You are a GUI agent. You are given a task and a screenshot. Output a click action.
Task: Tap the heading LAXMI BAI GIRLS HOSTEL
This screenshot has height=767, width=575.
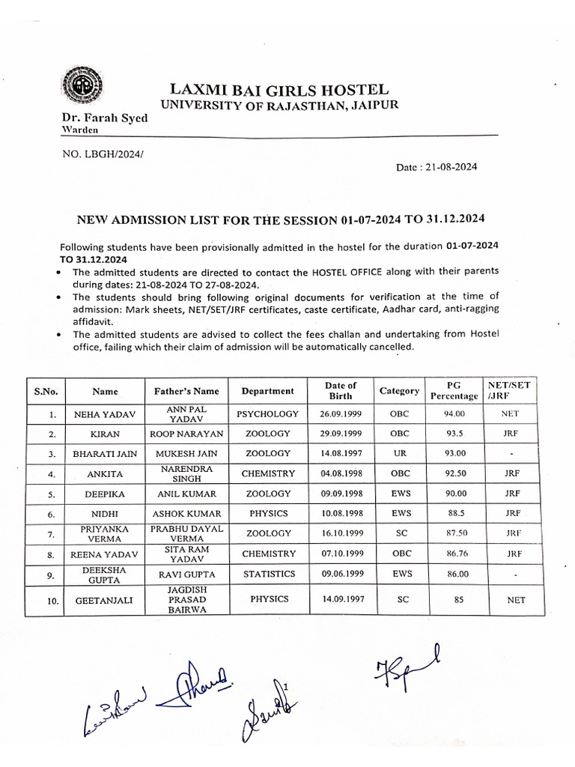pyautogui.click(x=279, y=90)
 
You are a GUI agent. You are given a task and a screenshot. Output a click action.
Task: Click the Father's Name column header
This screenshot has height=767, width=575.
pyautogui.click(x=186, y=391)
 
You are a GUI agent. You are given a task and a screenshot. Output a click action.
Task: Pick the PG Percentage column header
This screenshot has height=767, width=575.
pyautogui.click(x=451, y=390)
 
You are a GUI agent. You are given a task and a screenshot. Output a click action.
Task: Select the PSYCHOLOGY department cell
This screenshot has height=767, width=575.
pyautogui.click(x=267, y=413)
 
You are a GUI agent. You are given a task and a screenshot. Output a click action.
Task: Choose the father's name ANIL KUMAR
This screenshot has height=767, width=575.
pyautogui.click(x=186, y=494)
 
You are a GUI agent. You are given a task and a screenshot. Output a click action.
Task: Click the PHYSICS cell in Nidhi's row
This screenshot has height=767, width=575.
pyautogui.click(x=267, y=514)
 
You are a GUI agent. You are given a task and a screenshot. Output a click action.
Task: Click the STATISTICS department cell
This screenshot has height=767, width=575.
pyautogui.click(x=267, y=575)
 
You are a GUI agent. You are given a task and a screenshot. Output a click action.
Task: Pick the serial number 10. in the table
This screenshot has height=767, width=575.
pyautogui.click(x=52, y=600)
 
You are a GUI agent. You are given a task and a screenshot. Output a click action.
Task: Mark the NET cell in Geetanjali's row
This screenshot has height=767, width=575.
pyautogui.click(x=516, y=600)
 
